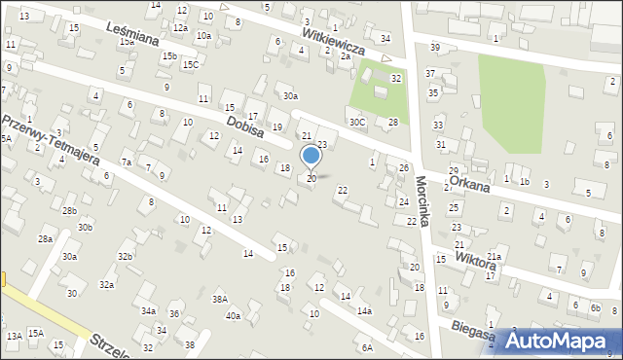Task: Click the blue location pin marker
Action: [311, 156]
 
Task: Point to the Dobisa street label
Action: [245, 127]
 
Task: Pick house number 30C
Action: [358, 123]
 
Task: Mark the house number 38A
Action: [221, 300]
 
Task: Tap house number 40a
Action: [233, 315]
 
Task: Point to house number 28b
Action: [69, 211]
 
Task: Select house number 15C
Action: [191, 65]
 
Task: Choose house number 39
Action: [434, 48]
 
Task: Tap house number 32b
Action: [125, 256]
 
